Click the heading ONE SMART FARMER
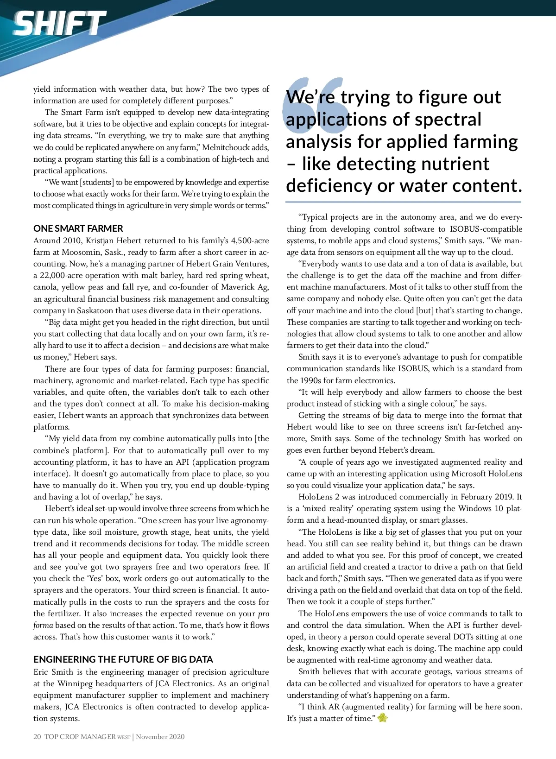point(78,228)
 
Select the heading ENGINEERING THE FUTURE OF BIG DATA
point(123,659)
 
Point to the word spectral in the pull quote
point(448,120)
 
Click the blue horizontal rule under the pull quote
point(403,202)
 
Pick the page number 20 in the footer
point(37,737)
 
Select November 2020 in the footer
point(160,737)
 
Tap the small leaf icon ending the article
point(383,718)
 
